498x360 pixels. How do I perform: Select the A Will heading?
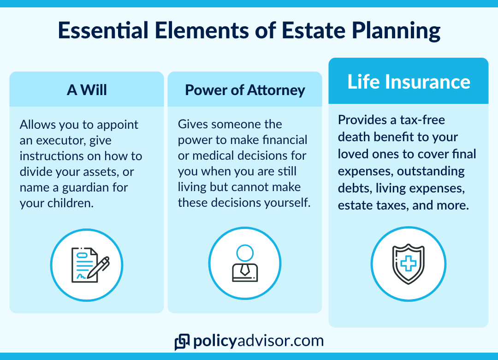tap(87, 90)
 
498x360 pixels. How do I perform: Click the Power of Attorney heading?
tap(245, 90)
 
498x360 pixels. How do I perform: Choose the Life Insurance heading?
tap(409, 82)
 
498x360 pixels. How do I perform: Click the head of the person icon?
tap(245, 253)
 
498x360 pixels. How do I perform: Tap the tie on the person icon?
tap(245, 270)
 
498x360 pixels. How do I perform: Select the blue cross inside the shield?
tap(409, 264)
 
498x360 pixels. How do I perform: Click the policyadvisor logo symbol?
tap(182, 342)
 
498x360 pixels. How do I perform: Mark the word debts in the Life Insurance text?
tap(355, 188)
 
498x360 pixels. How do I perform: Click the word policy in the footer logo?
tap(215, 341)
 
